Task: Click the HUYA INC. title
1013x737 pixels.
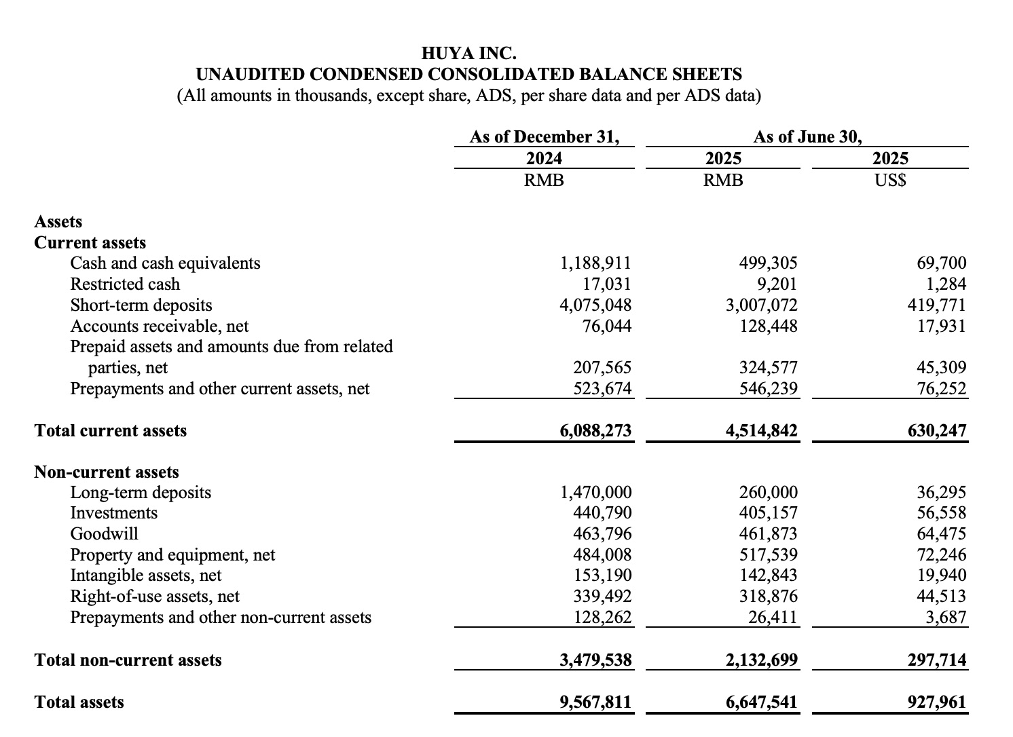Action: [468, 52]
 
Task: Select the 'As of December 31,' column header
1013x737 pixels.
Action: [544, 136]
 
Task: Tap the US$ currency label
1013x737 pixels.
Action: [890, 181]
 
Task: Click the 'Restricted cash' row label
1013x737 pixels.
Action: [125, 284]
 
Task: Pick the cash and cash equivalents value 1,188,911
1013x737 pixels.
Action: [595, 263]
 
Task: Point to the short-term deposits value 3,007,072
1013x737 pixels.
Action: [761, 305]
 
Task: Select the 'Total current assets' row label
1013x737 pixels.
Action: [110, 430]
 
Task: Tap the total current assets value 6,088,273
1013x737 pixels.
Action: [595, 430]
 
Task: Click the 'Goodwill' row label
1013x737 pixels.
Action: [104, 533]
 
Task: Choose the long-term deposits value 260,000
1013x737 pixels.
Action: [768, 492]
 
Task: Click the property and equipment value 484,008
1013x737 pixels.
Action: [602, 554]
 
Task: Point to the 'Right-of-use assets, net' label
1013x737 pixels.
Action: [155, 596]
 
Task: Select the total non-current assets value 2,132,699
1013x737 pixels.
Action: [761, 660]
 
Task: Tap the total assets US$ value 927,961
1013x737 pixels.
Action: [936, 702]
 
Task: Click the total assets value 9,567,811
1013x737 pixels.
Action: [595, 702]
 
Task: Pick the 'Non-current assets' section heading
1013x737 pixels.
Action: [107, 472]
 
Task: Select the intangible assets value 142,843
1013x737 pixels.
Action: [768, 575]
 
